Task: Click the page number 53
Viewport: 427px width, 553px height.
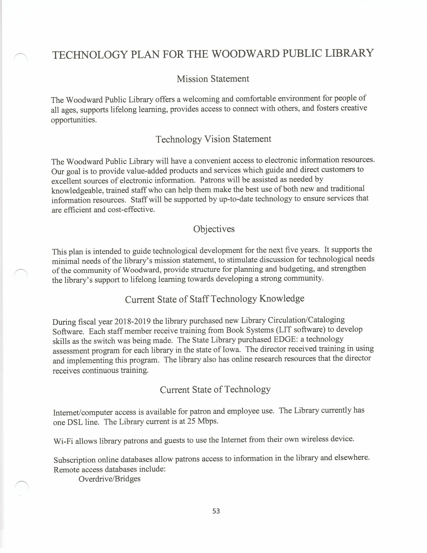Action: tap(216, 511)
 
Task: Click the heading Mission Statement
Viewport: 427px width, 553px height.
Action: tap(213, 79)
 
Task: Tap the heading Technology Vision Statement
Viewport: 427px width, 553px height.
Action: tap(213, 139)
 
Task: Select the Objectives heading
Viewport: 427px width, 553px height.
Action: tap(214, 229)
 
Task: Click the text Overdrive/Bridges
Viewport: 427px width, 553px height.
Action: tap(109, 479)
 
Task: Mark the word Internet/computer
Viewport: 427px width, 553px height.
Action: tap(83, 412)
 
